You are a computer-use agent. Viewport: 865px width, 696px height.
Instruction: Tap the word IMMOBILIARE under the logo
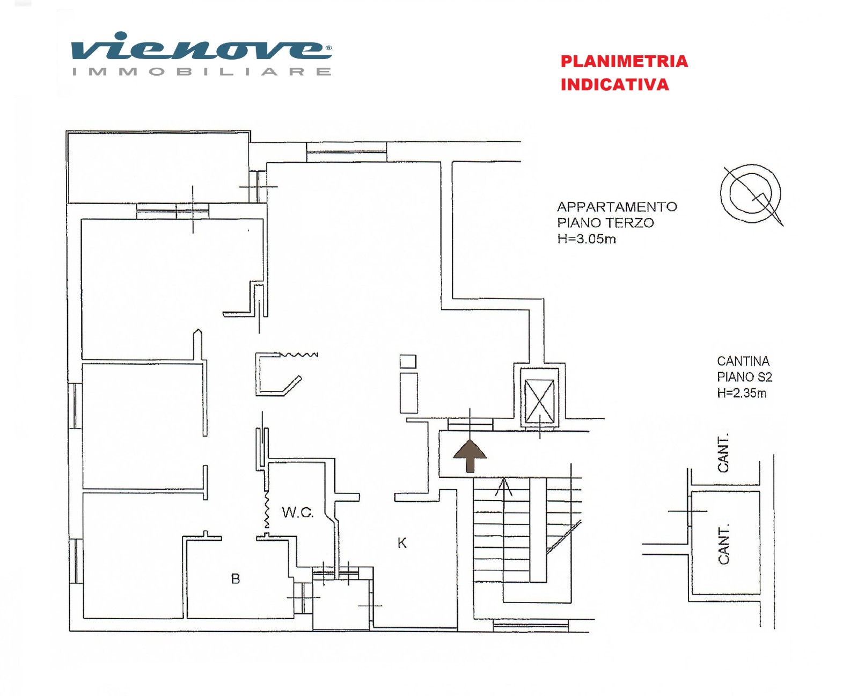(201, 72)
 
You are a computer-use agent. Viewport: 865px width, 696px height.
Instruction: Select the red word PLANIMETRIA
(624, 62)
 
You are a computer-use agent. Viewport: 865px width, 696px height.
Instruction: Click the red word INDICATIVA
(615, 85)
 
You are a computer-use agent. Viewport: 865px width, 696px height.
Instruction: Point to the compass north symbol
(751, 194)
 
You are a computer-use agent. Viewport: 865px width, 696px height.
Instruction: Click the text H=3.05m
(587, 239)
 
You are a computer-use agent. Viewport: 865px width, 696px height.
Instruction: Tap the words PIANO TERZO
(605, 222)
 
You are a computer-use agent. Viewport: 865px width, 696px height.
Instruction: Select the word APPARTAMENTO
(617, 207)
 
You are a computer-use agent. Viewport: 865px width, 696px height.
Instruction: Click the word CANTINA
(743, 361)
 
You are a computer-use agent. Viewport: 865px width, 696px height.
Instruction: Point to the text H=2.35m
(742, 393)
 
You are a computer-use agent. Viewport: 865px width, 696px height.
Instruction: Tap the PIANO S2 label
(744, 377)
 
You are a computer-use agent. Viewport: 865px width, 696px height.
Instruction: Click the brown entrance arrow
(470, 456)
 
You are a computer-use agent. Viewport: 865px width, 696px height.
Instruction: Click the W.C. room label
(297, 512)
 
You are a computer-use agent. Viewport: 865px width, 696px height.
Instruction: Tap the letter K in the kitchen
(402, 543)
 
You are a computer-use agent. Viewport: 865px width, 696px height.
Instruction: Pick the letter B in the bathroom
(236, 579)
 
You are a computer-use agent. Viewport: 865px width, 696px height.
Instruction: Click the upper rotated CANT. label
(723, 453)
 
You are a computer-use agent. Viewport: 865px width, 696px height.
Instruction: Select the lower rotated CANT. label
(723, 545)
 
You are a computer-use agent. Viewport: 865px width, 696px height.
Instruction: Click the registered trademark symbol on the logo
(328, 47)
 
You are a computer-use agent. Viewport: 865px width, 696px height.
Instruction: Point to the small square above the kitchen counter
(408, 361)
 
